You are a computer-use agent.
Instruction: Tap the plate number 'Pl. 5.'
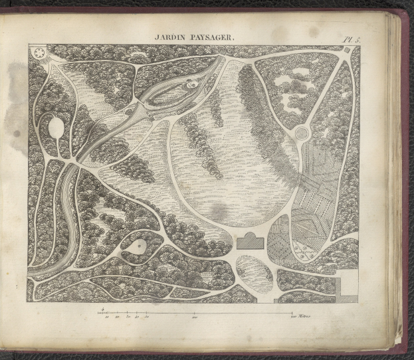pos(352,40)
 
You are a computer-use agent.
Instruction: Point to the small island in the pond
pos(191,84)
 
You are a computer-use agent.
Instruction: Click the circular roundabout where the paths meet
pos(302,134)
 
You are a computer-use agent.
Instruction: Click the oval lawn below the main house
pos(254,274)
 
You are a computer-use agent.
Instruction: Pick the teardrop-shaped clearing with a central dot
pos(137,247)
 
